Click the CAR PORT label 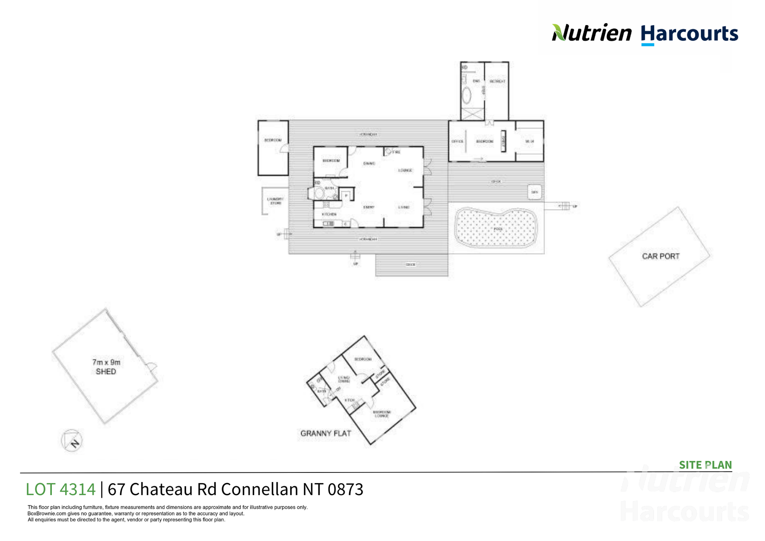[661, 256]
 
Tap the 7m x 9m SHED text [106, 367]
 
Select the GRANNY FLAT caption [326, 433]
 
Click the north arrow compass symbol [72, 441]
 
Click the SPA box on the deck [534, 192]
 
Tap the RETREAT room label [497, 81]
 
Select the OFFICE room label [457, 142]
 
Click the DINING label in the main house [369, 163]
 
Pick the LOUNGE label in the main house [405, 170]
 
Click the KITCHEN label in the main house [329, 214]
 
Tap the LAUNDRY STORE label [275, 201]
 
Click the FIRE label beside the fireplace [396, 152]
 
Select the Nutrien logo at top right [592, 33]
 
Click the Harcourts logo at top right [689, 34]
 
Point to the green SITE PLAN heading [705, 465]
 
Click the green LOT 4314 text [61, 490]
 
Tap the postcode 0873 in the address [345, 490]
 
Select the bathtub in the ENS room [467, 95]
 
